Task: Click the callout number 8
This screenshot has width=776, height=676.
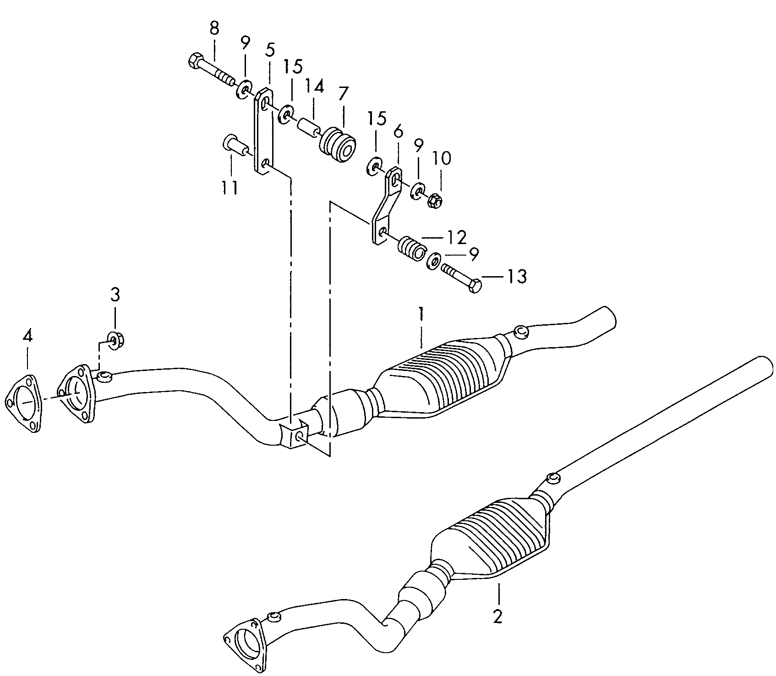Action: [x=214, y=28]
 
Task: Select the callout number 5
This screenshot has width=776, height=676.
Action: [x=270, y=49]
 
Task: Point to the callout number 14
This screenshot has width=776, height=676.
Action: [x=315, y=87]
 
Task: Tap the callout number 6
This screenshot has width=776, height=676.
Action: [x=398, y=132]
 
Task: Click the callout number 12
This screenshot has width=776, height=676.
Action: [x=457, y=237]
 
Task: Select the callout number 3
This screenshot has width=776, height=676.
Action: [x=115, y=294]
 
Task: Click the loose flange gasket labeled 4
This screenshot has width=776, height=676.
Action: [x=22, y=403]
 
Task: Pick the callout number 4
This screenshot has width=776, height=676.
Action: [x=27, y=337]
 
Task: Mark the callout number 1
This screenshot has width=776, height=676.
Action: [x=421, y=315]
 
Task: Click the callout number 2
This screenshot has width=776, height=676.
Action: [x=498, y=616]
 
